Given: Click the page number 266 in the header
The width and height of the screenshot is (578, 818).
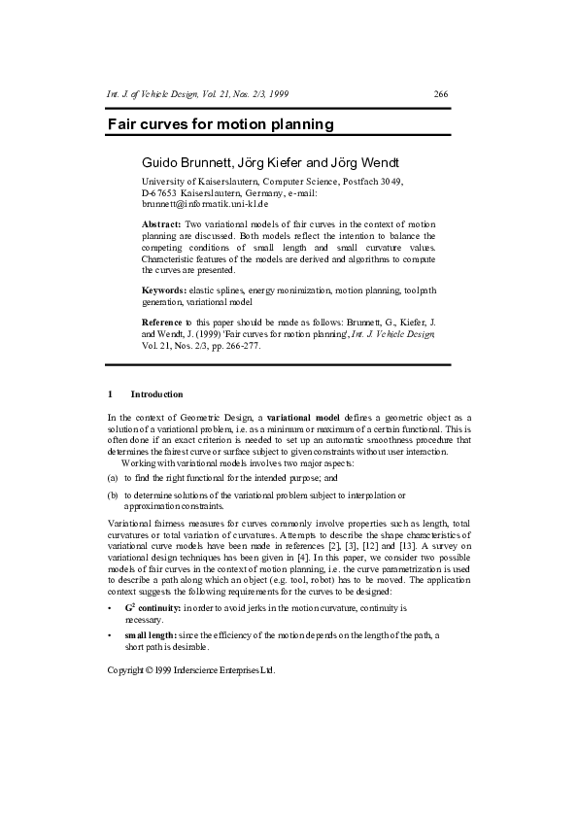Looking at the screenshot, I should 440,94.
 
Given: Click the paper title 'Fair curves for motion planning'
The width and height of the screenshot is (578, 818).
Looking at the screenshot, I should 221,124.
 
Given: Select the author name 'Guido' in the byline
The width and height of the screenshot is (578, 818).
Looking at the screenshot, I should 162,161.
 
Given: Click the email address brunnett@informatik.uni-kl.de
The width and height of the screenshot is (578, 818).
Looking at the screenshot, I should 198,205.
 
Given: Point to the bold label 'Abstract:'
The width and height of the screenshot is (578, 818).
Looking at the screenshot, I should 160,224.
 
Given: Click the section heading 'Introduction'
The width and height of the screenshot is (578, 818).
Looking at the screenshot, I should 156,394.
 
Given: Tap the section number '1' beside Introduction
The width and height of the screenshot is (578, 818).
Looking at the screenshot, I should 110,394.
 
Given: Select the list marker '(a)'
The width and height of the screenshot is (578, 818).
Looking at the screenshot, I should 113,478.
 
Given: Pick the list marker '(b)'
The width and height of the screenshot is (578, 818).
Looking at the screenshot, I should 113,494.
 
